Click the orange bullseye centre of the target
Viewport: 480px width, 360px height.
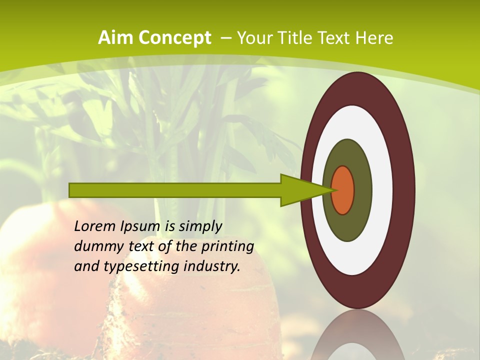point(342,190)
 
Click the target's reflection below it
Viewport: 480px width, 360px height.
point(357,335)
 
